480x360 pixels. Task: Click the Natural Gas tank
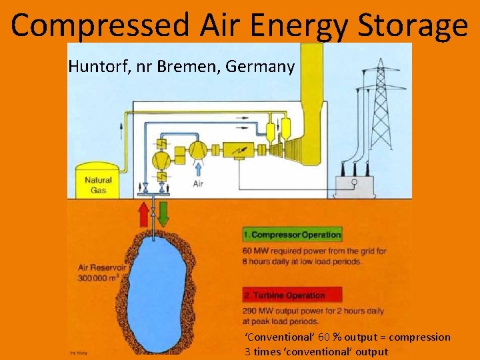[97, 180]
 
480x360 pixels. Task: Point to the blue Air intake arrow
[197, 168]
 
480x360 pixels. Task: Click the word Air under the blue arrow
[197, 183]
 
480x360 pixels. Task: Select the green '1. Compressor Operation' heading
[292, 235]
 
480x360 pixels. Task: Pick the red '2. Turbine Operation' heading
[292, 295]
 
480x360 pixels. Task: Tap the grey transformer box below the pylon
[355, 185]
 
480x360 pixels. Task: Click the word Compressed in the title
[100, 25]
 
